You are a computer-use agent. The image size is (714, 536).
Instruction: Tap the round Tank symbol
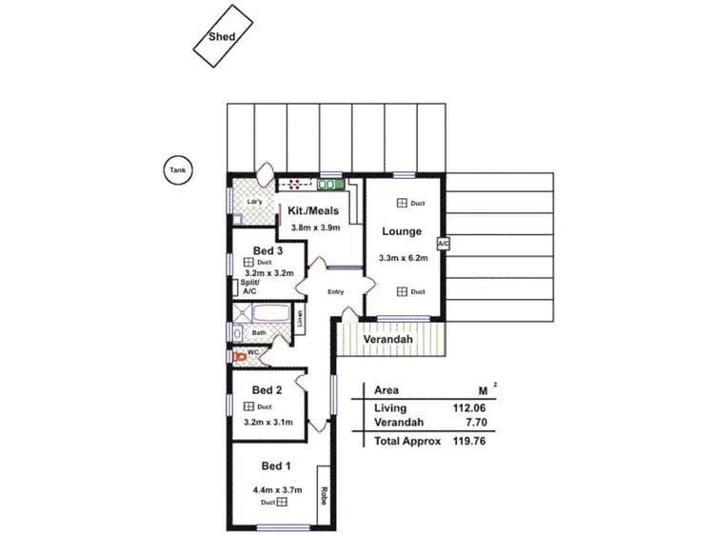[177, 171]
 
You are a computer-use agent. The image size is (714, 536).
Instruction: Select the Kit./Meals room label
[314, 211]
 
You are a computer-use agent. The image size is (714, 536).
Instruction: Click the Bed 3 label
[268, 250]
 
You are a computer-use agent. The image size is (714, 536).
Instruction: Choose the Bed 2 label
[267, 389]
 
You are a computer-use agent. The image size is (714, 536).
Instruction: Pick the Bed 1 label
[276, 466]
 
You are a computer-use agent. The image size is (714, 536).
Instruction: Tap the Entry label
[335, 291]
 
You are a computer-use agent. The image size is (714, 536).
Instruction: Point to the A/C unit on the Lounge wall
[443, 244]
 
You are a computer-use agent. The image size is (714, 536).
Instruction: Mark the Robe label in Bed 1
[324, 494]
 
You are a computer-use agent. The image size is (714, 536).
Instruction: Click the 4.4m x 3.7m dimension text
[276, 489]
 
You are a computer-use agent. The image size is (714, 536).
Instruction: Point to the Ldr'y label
[254, 202]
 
